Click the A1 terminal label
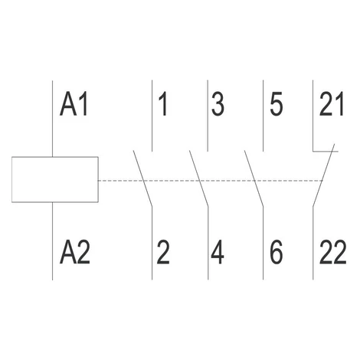[74, 104]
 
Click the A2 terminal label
[75, 252]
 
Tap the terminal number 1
[163, 104]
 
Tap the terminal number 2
[163, 252]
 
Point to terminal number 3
[218, 104]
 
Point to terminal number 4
[218, 252]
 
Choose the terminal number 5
[277, 104]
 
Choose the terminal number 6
[277, 252]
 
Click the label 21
[332, 104]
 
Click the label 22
[333, 252]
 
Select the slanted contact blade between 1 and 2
[142, 178]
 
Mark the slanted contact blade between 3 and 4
[199, 178]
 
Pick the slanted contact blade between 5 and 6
[254, 178]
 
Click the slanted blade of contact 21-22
[323, 175]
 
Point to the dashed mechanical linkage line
[211, 181]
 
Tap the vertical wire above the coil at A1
[52, 119]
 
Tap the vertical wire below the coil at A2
[52, 241]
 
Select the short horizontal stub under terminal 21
[326, 152]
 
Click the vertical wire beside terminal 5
[263, 116]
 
